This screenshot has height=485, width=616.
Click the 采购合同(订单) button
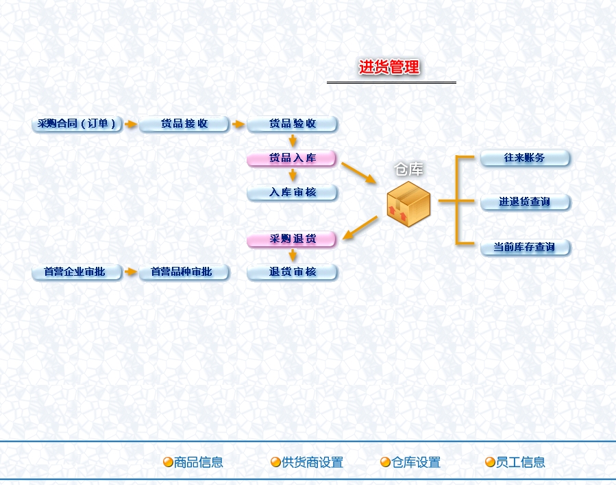pyautogui.click(x=77, y=124)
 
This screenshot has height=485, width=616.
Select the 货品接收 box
pyautogui.click(x=184, y=124)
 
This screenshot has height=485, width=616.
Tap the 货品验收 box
pyautogui.click(x=293, y=124)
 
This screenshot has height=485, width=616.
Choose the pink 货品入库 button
pyautogui.click(x=293, y=158)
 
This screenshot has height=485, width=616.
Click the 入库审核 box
pyautogui.click(x=293, y=193)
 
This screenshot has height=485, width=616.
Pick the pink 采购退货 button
pyautogui.click(x=293, y=239)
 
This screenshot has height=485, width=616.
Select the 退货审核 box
pyautogui.click(x=293, y=272)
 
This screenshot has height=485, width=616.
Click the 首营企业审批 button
pyautogui.click(x=77, y=272)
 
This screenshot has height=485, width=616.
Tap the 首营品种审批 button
pyautogui.click(x=184, y=272)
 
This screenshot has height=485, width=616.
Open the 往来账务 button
pyautogui.click(x=525, y=158)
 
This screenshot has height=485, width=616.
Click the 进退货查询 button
pyautogui.click(x=525, y=202)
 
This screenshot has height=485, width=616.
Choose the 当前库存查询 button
pyautogui.click(x=525, y=247)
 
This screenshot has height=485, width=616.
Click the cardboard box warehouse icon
pyautogui.click(x=408, y=204)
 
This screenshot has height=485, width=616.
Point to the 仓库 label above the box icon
pyautogui.click(x=408, y=169)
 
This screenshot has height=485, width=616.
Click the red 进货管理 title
pyautogui.click(x=389, y=67)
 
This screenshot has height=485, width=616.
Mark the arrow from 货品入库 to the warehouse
pyautogui.click(x=358, y=173)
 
